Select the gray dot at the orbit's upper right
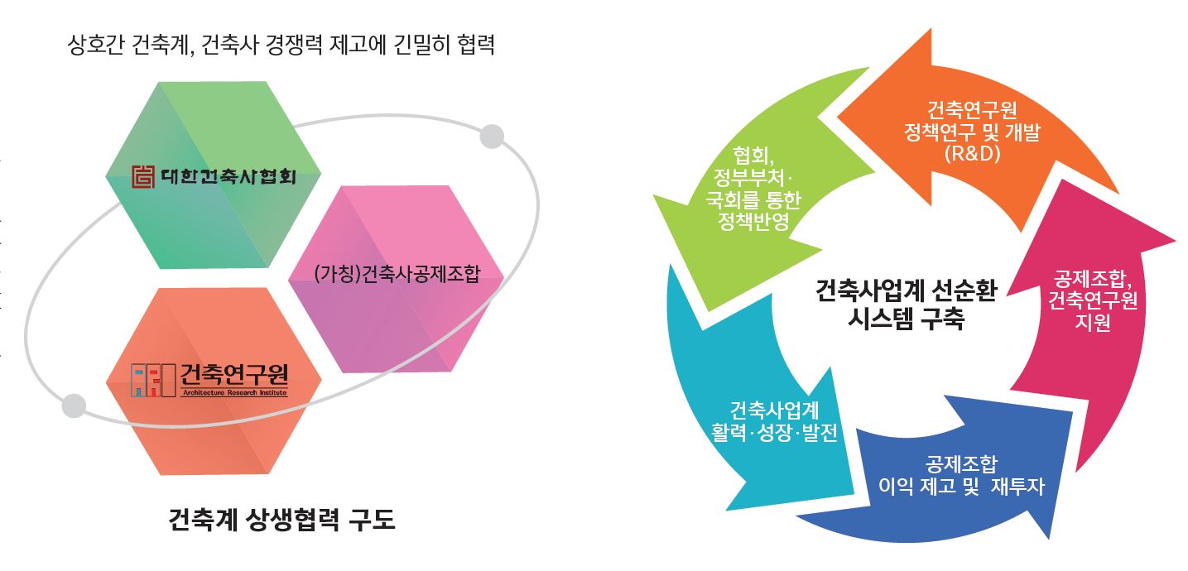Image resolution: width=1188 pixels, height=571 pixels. (492, 136)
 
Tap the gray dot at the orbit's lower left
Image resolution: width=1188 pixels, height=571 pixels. (74, 405)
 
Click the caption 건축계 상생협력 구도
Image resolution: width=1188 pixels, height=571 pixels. (282, 521)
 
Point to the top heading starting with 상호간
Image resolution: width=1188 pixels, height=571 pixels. (281, 43)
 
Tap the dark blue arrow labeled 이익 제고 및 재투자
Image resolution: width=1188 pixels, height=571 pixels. (960, 480)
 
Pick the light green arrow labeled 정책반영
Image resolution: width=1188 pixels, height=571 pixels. (745, 190)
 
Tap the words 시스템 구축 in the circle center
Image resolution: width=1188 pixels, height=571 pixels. (906, 319)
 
